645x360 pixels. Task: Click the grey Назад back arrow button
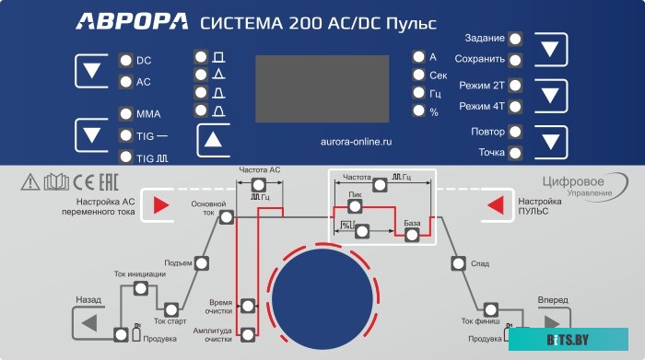click(x=88, y=323)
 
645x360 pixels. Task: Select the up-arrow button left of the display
click(x=215, y=141)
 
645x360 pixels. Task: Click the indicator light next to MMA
click(x=125, y=114)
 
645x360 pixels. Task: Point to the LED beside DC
click(x=125, y=61)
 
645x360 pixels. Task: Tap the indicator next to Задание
click(x=515, y=39)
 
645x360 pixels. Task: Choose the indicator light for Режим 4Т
click(x=515, y=107)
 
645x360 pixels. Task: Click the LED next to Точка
click(x=515, y=152)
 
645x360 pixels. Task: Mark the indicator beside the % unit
click(x=419, y=111)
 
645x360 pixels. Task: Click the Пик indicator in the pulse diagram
click(x=355, y=206)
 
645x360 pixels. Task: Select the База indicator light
click(x=413, y=235)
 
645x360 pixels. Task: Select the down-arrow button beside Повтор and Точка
click(x=550, y=142)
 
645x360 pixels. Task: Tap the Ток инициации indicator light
click(x=140, y=288)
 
